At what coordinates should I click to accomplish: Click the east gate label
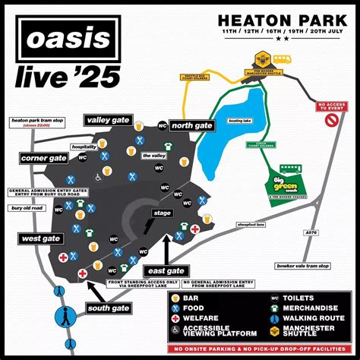(166, 270)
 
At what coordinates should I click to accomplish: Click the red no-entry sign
(331, 121)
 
